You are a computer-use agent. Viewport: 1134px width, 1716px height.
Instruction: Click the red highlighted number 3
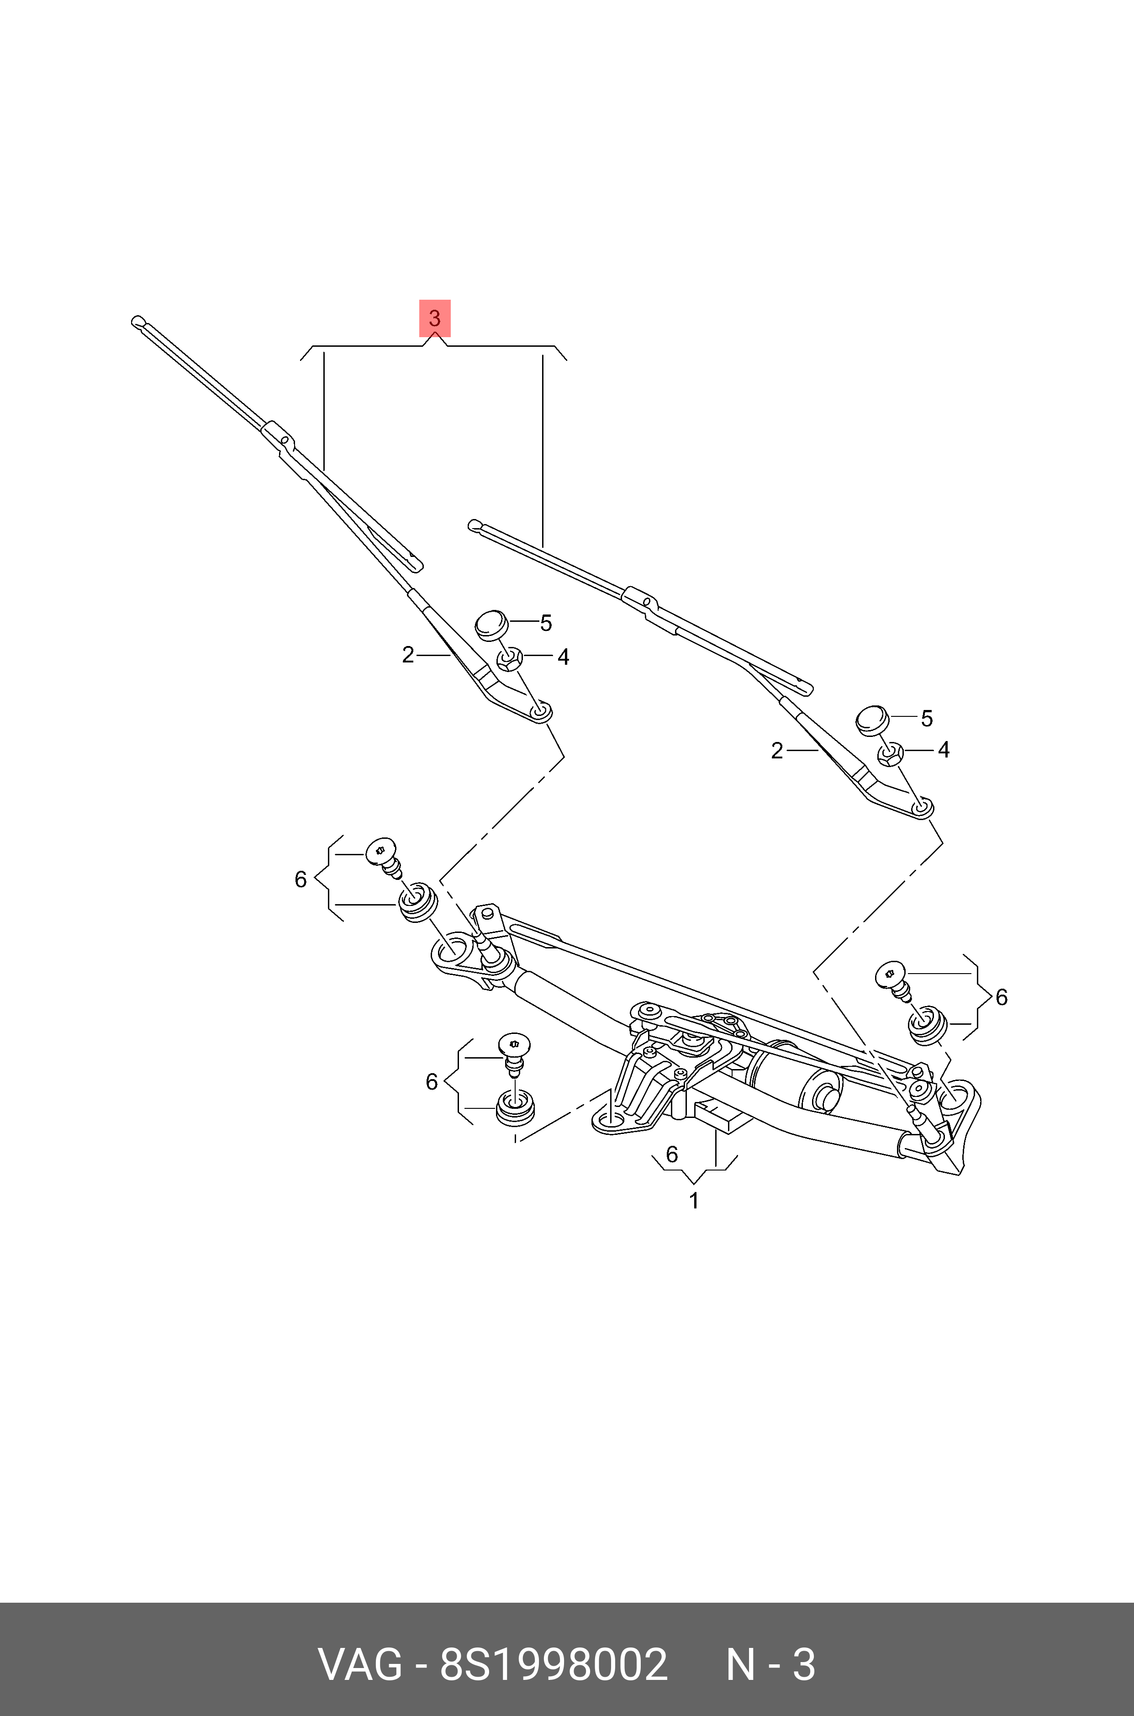click(435, 318)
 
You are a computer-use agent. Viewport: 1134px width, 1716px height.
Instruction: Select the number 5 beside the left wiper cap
click(546, 623)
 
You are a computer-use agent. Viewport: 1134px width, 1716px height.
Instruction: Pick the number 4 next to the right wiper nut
click(943, 749)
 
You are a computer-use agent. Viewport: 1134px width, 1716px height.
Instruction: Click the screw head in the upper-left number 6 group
click(382, 852)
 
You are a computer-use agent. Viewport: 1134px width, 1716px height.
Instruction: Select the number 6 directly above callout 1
click(672, 1154)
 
